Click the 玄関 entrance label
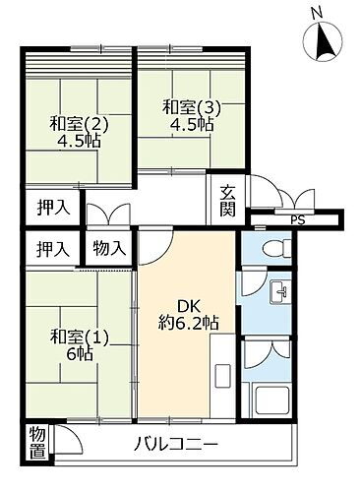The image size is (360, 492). (226, 201)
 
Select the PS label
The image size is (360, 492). (296, 219)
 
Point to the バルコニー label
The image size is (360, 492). (177, 445)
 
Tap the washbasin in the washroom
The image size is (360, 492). (279, 291)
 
